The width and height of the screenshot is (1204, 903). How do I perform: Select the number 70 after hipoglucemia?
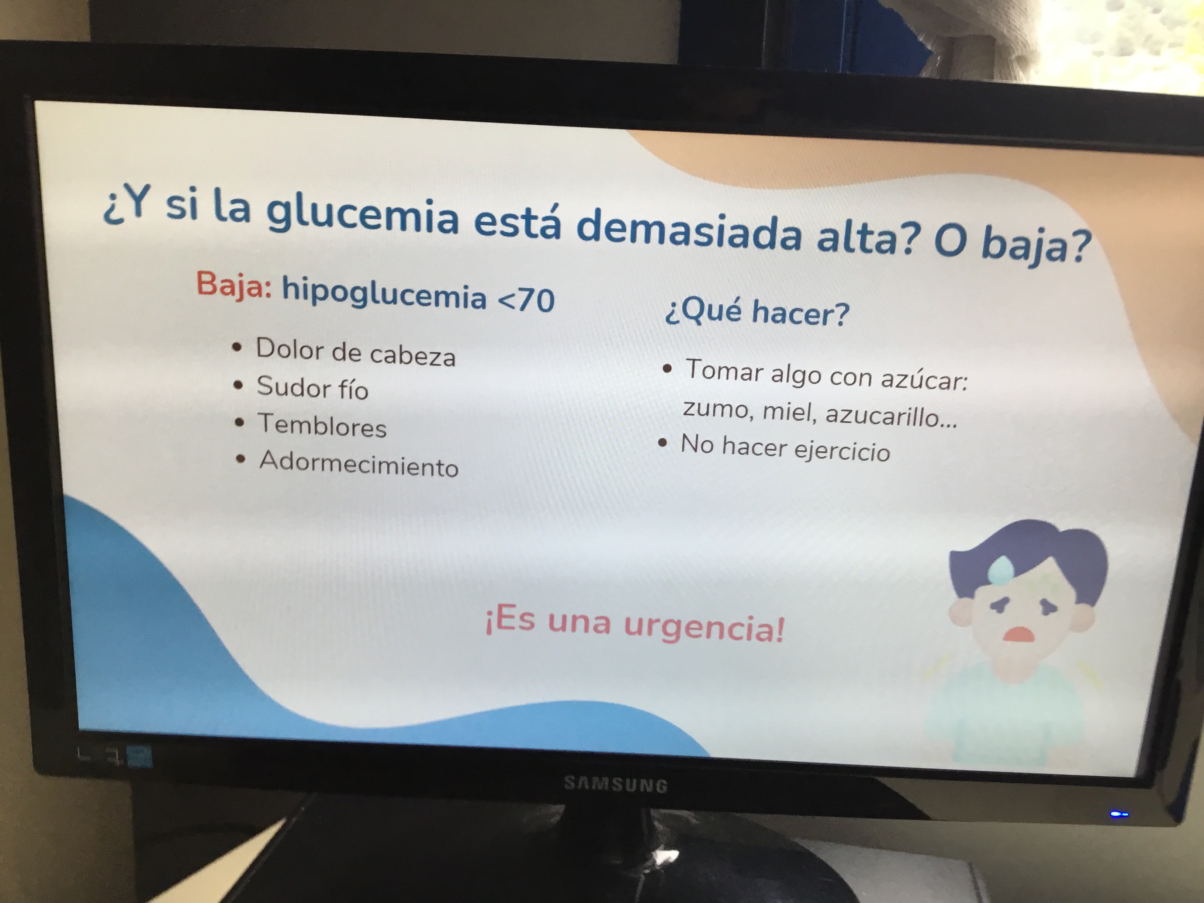point(536,301)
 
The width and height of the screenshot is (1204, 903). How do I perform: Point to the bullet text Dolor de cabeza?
point(356,353)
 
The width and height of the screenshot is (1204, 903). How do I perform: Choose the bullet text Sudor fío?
point(312,388)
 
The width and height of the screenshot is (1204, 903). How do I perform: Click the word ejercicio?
point(842,451)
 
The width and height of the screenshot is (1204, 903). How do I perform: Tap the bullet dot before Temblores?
point(239,422)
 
